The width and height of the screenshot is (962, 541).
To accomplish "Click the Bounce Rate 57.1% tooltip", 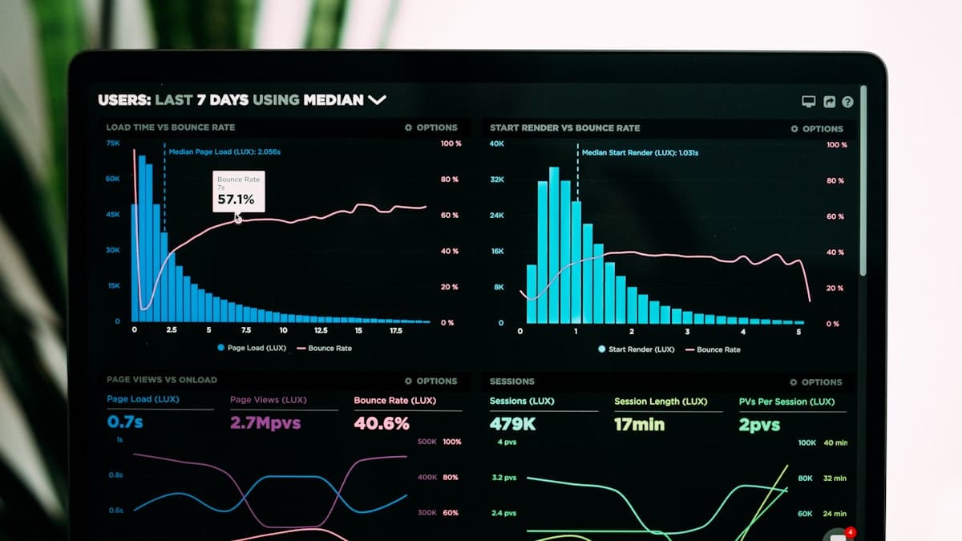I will (x=237, y=192).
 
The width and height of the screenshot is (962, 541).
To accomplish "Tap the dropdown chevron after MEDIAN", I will (x=377, y=100).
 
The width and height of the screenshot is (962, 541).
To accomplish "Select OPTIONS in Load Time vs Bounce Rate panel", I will (x=431, y=127).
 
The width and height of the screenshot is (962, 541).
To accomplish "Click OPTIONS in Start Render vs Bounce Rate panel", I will (x=817, y=128).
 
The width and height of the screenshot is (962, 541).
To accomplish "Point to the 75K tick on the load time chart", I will (x=113, y=143).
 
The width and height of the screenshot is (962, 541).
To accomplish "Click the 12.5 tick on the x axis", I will (x=321, y=330).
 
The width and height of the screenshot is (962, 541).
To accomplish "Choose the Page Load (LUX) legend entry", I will (x=251, y=348).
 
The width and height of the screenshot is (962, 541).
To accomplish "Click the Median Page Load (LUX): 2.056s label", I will (x=224, y=151).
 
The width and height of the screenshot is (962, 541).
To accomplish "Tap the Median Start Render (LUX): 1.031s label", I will (x=640, y=152).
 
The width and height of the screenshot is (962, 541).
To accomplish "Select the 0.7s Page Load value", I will (x=125, y=422).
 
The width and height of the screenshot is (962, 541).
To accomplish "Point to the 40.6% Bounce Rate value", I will (x=382, y=423).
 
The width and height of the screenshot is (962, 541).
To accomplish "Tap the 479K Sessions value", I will (x=512, y=424).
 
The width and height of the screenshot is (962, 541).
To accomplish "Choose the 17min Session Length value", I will (x=639, y=425).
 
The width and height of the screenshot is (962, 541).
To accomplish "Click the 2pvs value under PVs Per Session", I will (x=759, y=425).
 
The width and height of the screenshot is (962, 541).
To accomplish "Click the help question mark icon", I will (x=847, y=102).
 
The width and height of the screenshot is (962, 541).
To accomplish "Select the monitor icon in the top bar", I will (x=809, y=102).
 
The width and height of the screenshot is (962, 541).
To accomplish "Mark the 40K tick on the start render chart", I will (x=497, y=143).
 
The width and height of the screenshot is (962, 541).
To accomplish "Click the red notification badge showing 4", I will (x=851, y=532).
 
